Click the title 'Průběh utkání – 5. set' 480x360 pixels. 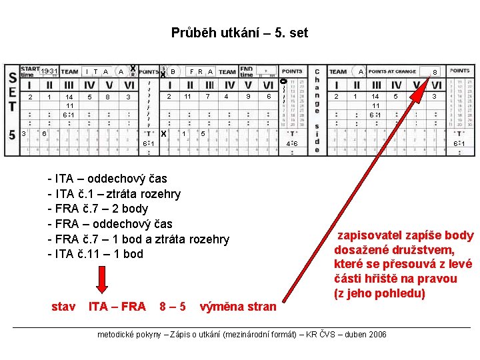[x=239, y=33]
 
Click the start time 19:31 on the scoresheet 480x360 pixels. [x=49, y=71]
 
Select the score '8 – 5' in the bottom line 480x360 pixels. [x=173, y=307]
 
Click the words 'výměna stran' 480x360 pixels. [x=238, y=307]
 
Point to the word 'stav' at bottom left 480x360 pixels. [x=63, y=307]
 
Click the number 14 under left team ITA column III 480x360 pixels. [x=69, y=97]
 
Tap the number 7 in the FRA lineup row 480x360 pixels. [x=208, y=97]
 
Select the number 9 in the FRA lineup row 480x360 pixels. [x=248, y=97]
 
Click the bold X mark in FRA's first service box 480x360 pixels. [x=164, y=133]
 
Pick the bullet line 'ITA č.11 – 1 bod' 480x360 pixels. [x=95, y=254]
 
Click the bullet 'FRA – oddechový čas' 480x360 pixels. [x=110, y=224]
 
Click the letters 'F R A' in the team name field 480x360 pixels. [x=201, y=71]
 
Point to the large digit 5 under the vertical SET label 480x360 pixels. [x=12, y=134]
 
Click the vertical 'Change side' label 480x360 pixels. [x=317, y=110]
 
